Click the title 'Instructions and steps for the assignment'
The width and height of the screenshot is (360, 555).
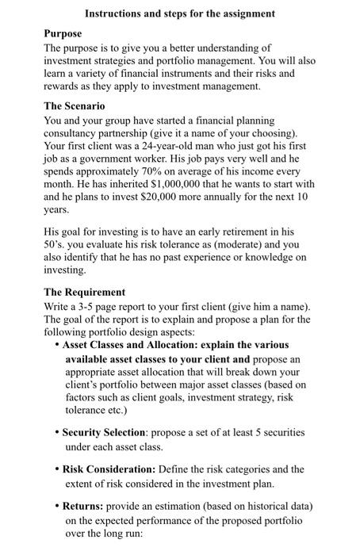click(x=180, y=13)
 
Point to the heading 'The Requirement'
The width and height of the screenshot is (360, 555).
click(x=84, y=292)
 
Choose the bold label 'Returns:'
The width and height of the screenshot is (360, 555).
click(x=85, y=506)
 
